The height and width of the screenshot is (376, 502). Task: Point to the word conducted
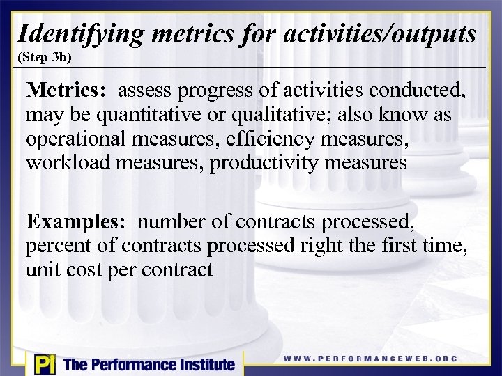click(422, 91)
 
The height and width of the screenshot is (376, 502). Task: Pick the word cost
click(84, 270)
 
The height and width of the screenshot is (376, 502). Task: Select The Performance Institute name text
click(149, 364)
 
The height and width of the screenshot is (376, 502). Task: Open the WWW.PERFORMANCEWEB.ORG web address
click(370, 359)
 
